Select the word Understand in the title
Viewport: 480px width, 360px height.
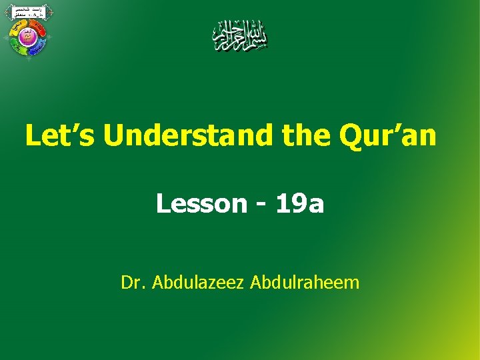tap(189, 135)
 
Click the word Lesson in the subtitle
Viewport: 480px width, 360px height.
tap(201, 203)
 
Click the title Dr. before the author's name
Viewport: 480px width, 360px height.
tap(133, 283)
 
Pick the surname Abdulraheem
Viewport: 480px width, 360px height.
tap(305, 283)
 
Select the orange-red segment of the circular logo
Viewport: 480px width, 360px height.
tap(39, 28)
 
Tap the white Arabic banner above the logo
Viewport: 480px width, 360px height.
tap(28, 11)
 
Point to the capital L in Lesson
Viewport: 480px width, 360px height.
tap(163, 203)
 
